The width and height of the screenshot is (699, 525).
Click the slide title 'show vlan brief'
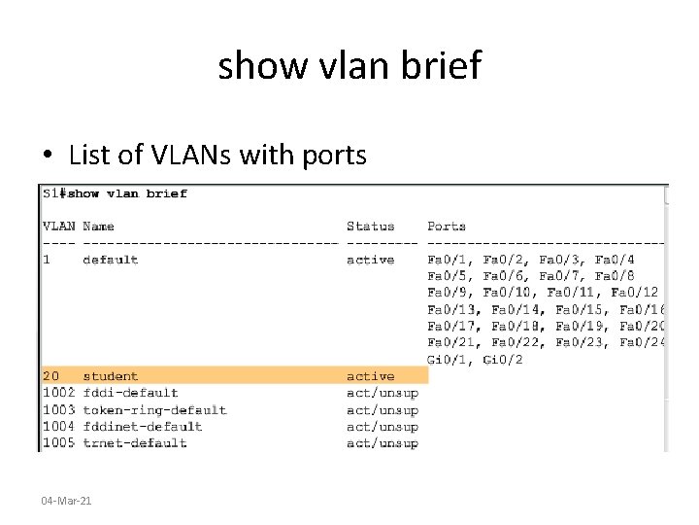[349, 66]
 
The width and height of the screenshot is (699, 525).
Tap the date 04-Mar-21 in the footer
[66, 500]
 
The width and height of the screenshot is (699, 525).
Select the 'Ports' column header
[447, 227]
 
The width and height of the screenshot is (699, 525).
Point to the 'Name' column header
[98, 227]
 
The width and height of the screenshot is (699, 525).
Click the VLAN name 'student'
[110, 376]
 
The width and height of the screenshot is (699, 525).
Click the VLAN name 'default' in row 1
[110, 260]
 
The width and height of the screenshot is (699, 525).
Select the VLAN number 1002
[58, 393]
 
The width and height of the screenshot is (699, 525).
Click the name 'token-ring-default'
[154, 409]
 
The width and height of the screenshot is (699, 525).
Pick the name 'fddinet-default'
[142, 426]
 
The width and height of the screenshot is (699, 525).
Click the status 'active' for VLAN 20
[370, 376]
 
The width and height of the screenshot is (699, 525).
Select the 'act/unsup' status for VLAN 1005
[382, 443]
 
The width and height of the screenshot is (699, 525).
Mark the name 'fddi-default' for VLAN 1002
[130, 393]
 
